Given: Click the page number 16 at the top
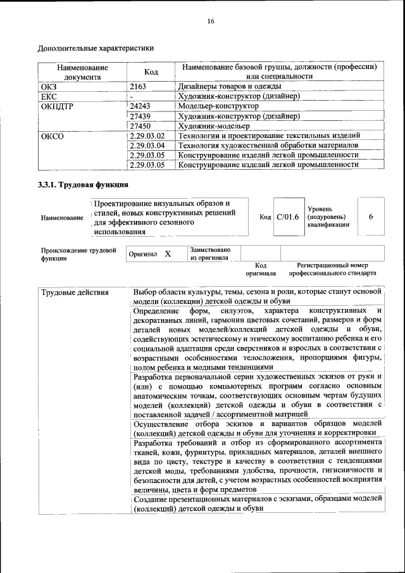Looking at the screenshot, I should tap(211, 22).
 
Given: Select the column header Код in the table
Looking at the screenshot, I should tap(151, 72).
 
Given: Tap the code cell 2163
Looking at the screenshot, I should tap(138, 86).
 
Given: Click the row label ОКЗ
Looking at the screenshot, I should tap(49, 86).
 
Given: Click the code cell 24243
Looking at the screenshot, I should tap(140, 106).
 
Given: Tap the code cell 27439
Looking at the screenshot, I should tap(140, 116).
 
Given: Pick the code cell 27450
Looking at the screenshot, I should tap(140, 126).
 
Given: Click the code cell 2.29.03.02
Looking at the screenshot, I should tap(147, 135).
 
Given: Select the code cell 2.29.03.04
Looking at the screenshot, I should tap(147, 146).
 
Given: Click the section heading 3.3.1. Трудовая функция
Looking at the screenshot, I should tap(83, 185).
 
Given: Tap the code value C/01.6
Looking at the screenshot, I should tap(287, 217).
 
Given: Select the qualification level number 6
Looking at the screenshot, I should tap(371, 217).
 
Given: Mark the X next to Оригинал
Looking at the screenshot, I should tap(168, 254).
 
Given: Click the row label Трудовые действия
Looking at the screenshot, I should tap(75, 293).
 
